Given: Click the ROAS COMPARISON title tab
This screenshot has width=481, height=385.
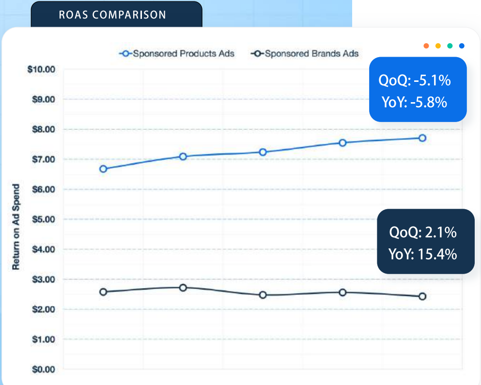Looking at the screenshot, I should pos(112,15).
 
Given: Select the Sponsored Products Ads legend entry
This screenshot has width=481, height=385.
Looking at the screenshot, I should pos(177,53).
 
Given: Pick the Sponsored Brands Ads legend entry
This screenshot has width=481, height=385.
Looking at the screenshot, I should pos(305,53).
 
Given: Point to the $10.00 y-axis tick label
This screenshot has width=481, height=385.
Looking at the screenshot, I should pos(42,69).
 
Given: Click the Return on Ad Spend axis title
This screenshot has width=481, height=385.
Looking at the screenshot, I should pos(16,227).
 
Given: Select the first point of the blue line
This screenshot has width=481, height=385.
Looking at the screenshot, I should pos(103,169).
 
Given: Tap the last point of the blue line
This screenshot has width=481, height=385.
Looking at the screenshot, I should pos(422,138).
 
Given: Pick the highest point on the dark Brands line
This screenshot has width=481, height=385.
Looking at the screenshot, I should pos(183,288).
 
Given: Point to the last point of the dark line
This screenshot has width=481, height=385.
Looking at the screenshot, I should pos(422,296).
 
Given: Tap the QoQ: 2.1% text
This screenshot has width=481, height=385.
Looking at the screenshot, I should pos(423,232).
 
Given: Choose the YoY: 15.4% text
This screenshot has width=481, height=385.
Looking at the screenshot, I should pos(423,254).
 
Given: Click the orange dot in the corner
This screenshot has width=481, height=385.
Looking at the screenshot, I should pos(426,46).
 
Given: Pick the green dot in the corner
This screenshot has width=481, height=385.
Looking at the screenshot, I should pos(450,46).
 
